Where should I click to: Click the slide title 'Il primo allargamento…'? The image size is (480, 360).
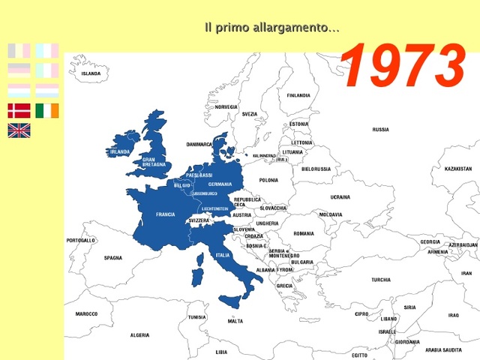click(271, 28)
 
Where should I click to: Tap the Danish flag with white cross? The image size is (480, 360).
click(19, 111)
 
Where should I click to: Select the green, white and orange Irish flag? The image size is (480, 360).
click(46, 111)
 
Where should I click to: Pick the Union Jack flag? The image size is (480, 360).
click(19, 130)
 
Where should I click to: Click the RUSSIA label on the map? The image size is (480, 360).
click(380, 129)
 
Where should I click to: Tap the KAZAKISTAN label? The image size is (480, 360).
click(457, 169)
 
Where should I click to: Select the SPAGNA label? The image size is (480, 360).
click(112, 258)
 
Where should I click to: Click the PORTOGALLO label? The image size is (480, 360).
click(80, 241)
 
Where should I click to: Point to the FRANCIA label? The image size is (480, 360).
click(165, 214)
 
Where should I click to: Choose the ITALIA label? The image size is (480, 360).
click(223, 255)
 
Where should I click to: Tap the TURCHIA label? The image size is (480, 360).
click(380, 280)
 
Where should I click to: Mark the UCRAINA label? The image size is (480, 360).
click(340, 197)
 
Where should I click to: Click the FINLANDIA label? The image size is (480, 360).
click(298, 95)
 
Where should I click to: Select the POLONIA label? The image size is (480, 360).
click(268, 180)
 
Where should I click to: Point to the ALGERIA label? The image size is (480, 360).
click(139, 335)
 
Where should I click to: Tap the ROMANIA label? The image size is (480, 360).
click(304, 233)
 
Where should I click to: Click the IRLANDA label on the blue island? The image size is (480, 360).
click(120, 151)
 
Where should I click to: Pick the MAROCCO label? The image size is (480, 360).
click(86, 313)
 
